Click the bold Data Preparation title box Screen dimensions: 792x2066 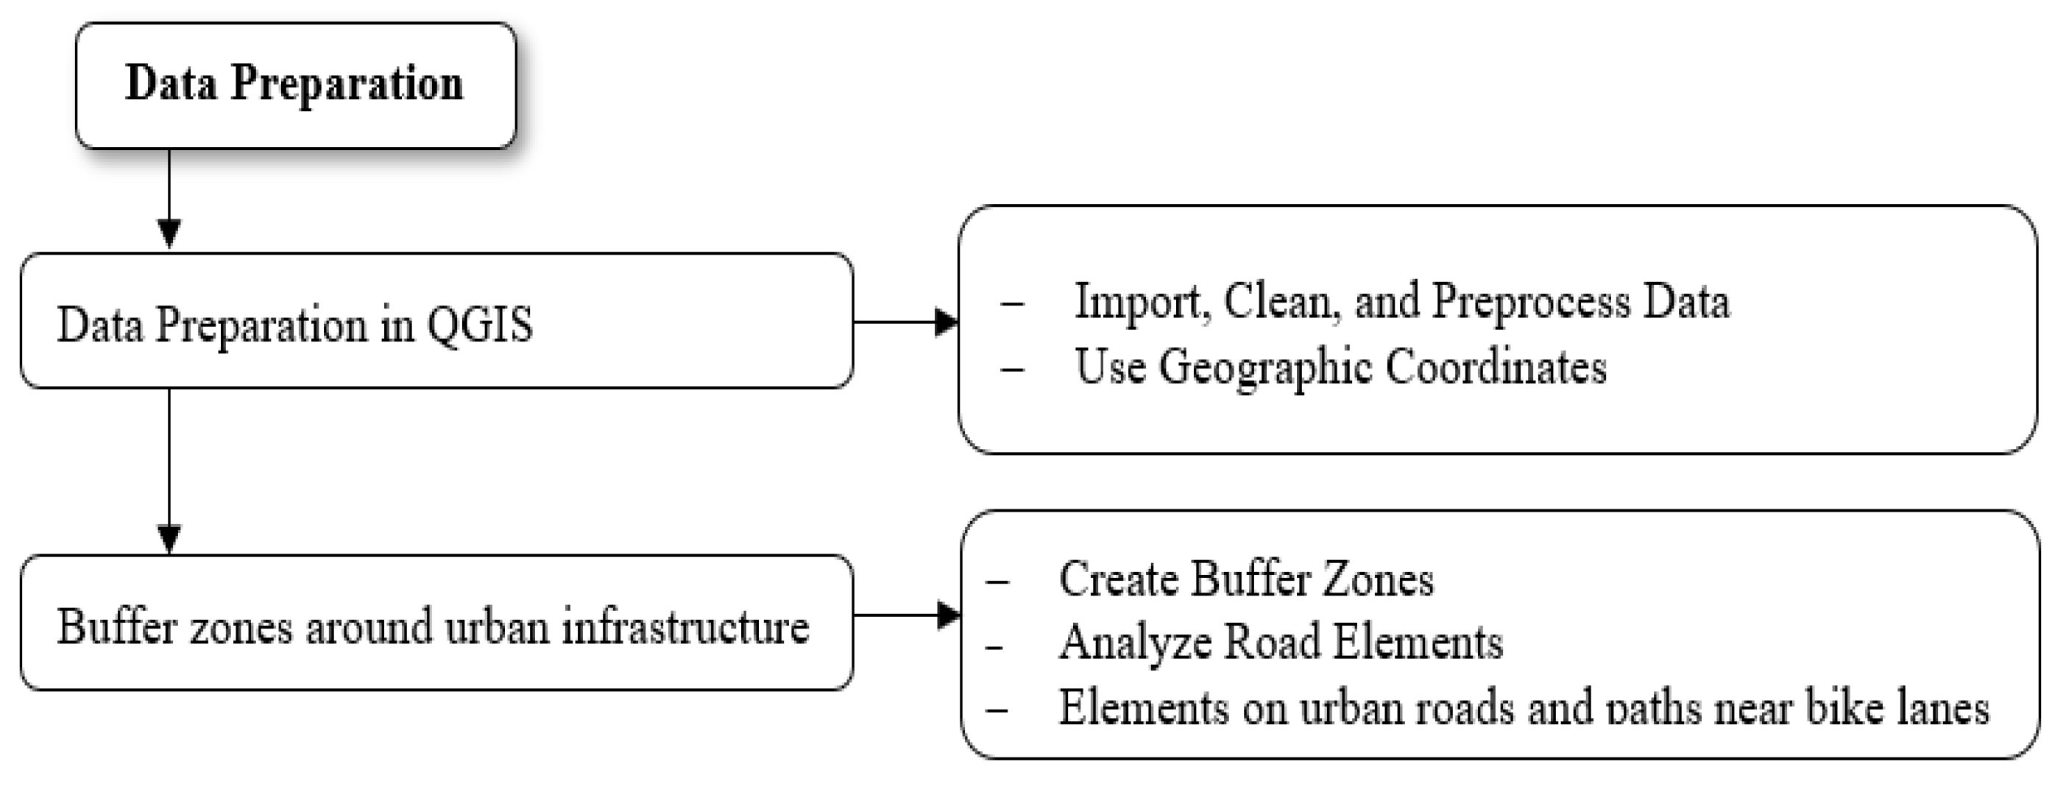coord(295,85)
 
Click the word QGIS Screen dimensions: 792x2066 coord(480,325)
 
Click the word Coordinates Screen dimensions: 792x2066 coord(1496,367)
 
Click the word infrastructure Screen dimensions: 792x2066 coord(685,626)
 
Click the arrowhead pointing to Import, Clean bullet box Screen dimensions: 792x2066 coord(947,322)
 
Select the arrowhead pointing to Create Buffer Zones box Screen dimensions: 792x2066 coord(948,615)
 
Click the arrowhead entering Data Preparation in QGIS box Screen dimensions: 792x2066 coord(169,233)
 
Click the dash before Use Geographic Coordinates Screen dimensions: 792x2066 coord(1012,369)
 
